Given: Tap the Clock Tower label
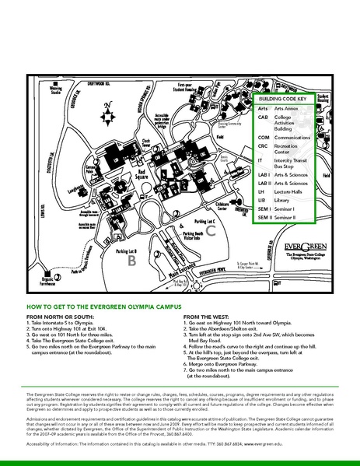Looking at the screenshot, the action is pos(145,143).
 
